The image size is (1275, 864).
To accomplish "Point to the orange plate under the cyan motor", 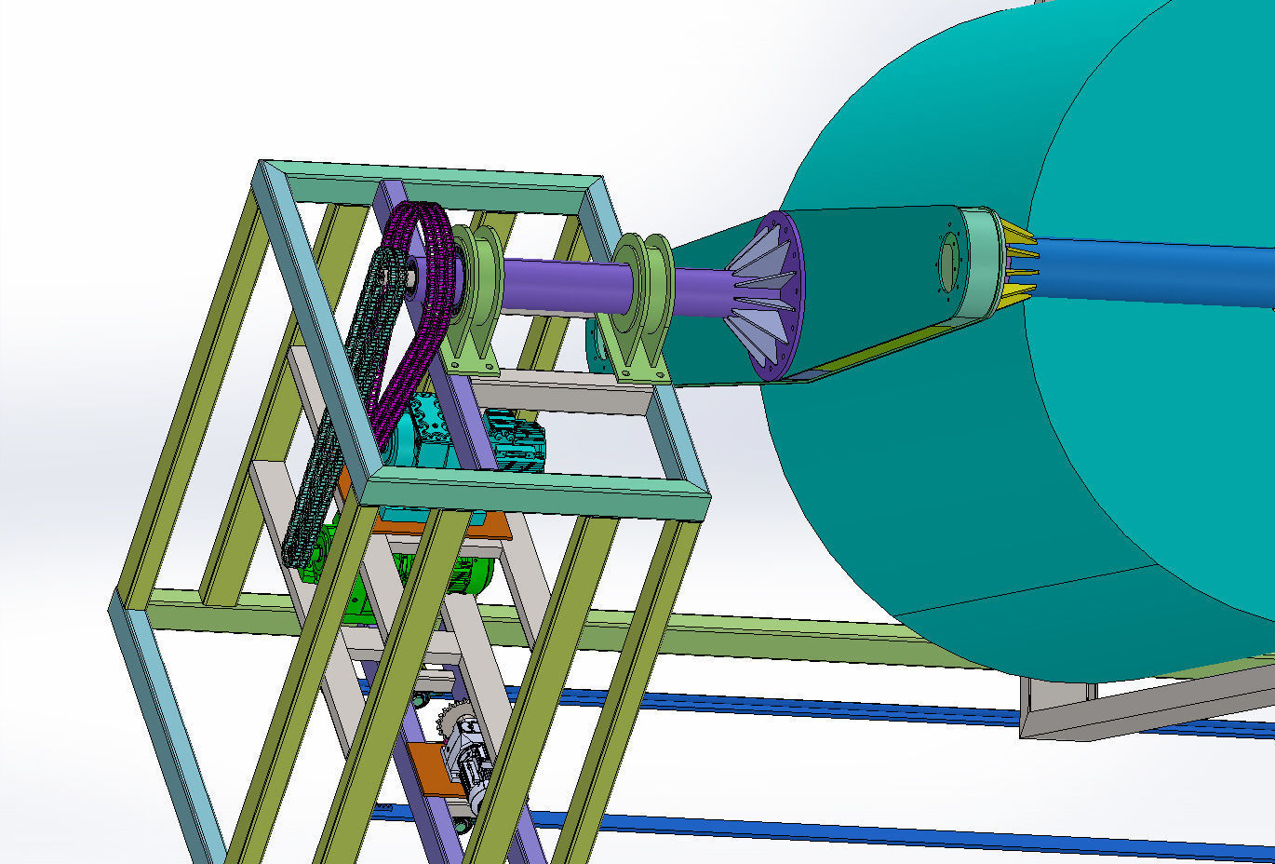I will (465, 523).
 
